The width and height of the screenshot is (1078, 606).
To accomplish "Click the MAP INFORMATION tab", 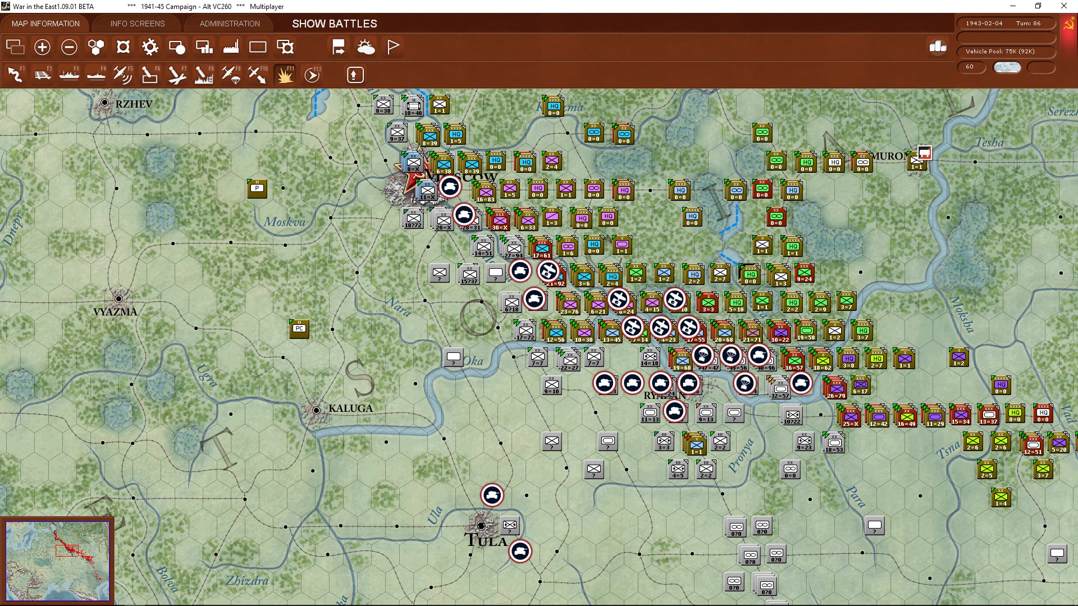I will pyautogui.click(x=45, y=24).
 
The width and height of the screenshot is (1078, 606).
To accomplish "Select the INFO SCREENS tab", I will pyautogui.click(x=138, y=24).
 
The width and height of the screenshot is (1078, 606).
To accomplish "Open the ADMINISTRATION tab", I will pyautogui.click(x=230, y=24).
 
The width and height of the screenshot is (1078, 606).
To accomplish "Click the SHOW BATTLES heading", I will pyautogui.click(x=335, y=24).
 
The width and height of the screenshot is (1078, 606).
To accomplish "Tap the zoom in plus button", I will pyautogui.click(x=42, y=47).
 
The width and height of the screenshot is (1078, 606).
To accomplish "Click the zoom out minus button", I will pyautogui.click(x=69, y=47).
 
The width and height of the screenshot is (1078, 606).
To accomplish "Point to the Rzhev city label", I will pyautogui.click(x=134, y=104).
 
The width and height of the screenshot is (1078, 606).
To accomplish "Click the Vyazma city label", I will pyautogui.click(x=115, y=311).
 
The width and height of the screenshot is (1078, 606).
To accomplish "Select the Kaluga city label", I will pyautogui.click(x=350, y=408).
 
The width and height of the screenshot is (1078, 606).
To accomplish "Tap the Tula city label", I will pyautogui.click(x=486, y=541).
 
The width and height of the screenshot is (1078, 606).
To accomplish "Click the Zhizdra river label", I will pyautogui.click(x=247, y=581).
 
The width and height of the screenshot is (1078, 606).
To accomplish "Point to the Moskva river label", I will pyautogui.click(x=285, y=222).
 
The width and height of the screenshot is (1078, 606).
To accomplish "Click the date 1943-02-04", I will pyautogui.click(x=984, y=24).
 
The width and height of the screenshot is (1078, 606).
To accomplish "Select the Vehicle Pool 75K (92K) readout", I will pyautogui.click(x=1000, y=52).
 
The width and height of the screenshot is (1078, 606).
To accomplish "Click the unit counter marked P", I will pyautogui.click(x=257, y=189).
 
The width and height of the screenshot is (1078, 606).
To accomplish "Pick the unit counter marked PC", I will pyautogui.click(x=299, y=329).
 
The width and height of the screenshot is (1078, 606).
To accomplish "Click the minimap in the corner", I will pyautogui.click(x=58, y=560).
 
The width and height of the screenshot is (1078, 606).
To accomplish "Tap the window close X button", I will pyautogui.click(x=1063, y=6).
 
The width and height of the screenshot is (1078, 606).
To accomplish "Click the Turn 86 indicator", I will pyautogui.click(x=1028, y=24).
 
